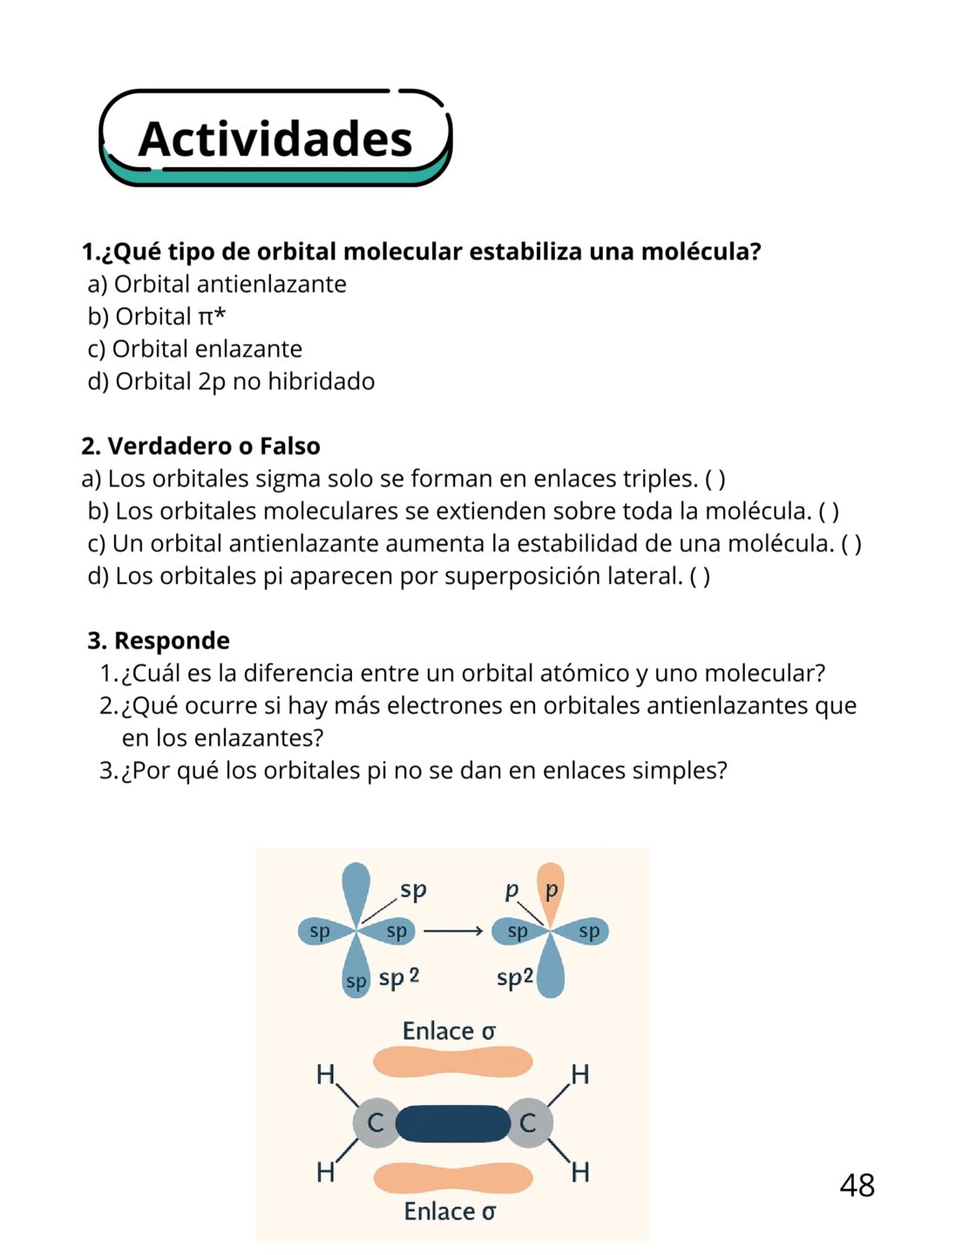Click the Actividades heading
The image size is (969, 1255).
[274, 139]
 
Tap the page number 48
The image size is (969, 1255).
[857, 1185]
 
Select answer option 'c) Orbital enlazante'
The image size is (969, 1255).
[195, 349]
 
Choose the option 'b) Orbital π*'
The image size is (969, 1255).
[157, 316]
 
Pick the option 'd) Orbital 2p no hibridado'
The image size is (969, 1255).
[232, 381]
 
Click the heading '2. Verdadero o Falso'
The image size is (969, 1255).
[200, 446]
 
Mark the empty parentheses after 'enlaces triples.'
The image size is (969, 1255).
[715, 478]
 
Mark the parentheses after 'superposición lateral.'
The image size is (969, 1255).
[700, 576]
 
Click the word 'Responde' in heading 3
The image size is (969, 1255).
[172, 641]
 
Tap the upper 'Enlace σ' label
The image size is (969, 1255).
[449, 1032]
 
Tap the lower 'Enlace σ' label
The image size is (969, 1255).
[450, 1211]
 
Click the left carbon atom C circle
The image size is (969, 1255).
[376, 1123]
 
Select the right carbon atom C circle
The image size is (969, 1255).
[528, 1123]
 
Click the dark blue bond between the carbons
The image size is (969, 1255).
[452, 1123]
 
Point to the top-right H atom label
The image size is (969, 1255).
[580, 1075]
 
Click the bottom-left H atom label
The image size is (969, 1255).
[325, 1173]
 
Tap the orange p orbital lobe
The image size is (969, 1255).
[550, 892]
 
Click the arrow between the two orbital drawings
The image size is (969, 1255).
[453, 932]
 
